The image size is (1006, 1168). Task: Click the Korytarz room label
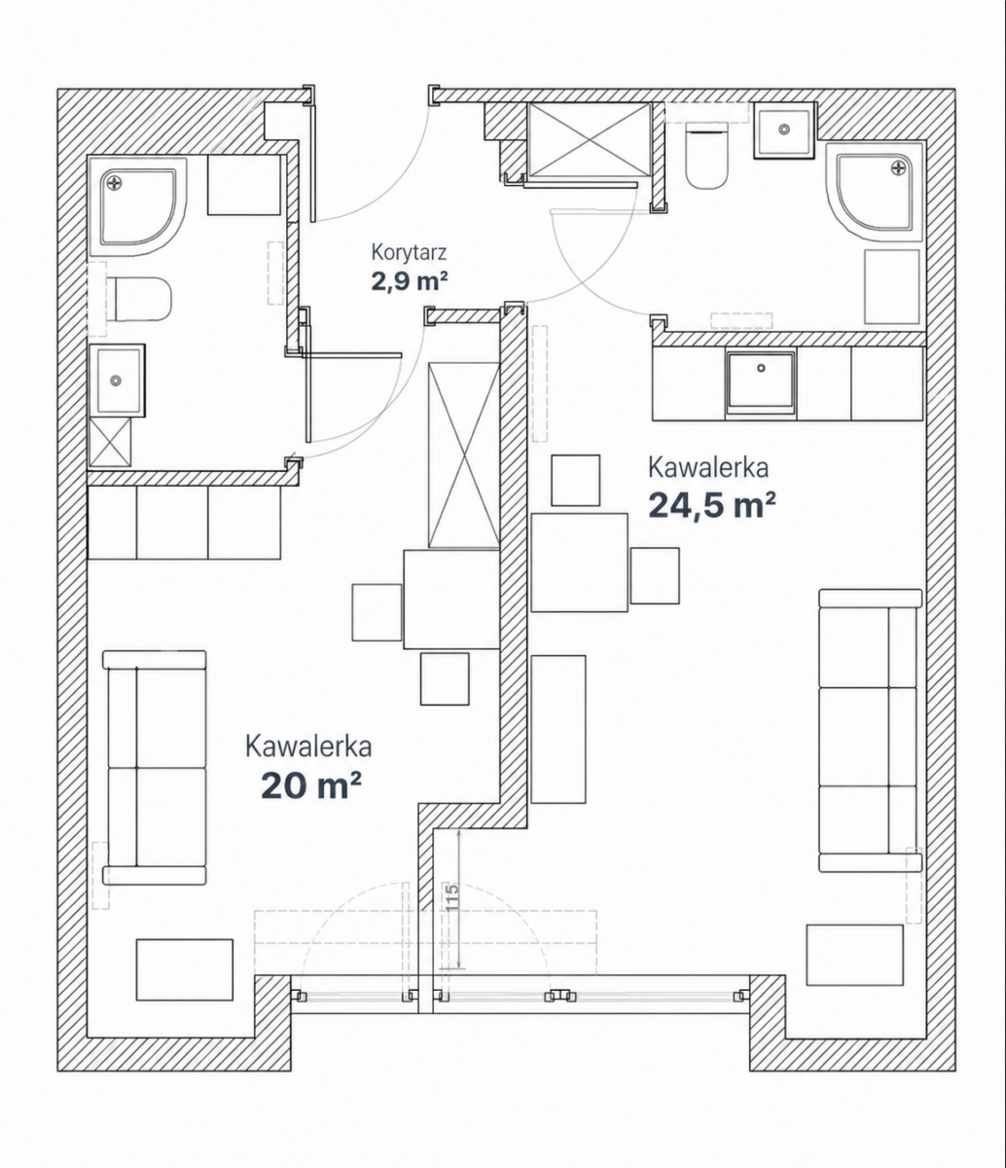[x=409, y=252]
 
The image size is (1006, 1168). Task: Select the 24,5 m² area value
[x=712, y=504]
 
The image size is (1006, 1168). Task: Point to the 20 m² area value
[x=310, y=786]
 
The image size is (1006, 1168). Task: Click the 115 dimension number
[x=452, y=895]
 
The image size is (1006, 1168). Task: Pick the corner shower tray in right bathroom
[x=875, y=193]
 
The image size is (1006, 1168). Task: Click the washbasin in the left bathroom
[x=117, y=381]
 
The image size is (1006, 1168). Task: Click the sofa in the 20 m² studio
[x=154, y=767]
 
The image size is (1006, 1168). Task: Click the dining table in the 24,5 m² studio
[x=580, y=563]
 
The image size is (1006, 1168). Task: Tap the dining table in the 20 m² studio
[x=451, y=599]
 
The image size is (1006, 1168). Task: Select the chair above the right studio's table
[x=576, y=480]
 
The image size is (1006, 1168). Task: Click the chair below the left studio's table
[x=445, y=679]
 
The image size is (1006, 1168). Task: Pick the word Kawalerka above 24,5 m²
[x=708, y=468]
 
